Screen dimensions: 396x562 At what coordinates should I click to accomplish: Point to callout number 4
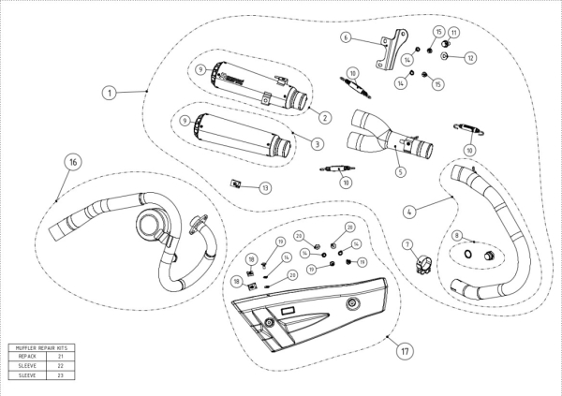[x=409, y=212]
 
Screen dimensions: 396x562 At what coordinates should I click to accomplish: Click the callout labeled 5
[x=400, y=171]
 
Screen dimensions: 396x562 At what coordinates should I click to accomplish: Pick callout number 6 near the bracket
[x=346, y=37]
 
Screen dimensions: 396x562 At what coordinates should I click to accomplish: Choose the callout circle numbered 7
[x=408, y=244]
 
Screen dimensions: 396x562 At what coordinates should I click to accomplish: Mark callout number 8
[x=457, y=236]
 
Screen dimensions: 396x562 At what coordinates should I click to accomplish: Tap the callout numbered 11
[x=454, y=33]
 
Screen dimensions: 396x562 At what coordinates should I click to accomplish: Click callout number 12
[x=471, y=58]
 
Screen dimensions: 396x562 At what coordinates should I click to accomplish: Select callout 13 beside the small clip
[x=265, y=188]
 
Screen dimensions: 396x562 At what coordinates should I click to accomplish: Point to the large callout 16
[x=72, y=162]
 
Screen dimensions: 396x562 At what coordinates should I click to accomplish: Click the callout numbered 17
[x=405, y=353]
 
